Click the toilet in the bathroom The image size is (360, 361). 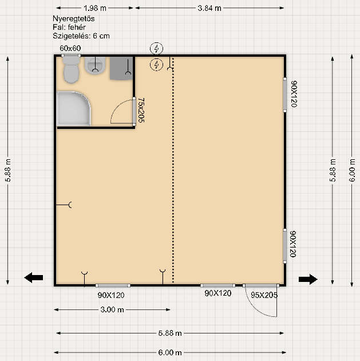coord(72,70)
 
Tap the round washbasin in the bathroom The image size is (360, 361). coord(95,65)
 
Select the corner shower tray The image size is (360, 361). coord(74,108)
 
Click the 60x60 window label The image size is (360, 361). coord(70,48)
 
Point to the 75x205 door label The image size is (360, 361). coord(141,110)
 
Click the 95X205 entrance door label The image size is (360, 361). coord(264,295)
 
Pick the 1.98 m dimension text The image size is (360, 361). coord(95,8)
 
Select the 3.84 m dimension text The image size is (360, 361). coord(209,8)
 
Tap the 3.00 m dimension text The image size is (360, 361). coord(112,309)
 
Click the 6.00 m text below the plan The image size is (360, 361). coord(170,352)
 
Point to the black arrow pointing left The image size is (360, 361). coord(34,278)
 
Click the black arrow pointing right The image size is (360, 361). coord(308,279)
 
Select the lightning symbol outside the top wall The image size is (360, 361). coord(157,49)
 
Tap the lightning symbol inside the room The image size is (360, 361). coord(157,64)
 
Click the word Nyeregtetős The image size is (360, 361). coord(74,19)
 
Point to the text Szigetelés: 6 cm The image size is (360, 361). coord(81,36)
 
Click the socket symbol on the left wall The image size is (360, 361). coord(64,205)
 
